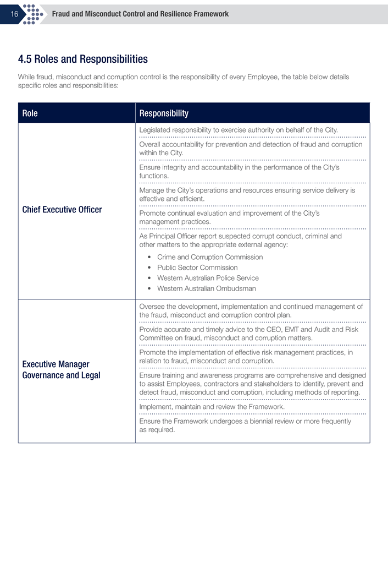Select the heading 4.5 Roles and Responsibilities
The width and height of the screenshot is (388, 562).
83,59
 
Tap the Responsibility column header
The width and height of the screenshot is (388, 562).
164,113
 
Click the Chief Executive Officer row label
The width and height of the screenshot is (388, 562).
62,210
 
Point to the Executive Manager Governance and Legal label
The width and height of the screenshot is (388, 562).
61,370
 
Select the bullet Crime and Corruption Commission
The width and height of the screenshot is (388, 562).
210,257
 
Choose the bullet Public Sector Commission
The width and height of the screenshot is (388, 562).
197,268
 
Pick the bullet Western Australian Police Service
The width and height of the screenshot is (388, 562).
208,278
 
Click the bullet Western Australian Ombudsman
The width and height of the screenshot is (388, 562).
206,288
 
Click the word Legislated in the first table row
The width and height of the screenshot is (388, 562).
156,130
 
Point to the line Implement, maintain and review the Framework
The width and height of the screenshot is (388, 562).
212,407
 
